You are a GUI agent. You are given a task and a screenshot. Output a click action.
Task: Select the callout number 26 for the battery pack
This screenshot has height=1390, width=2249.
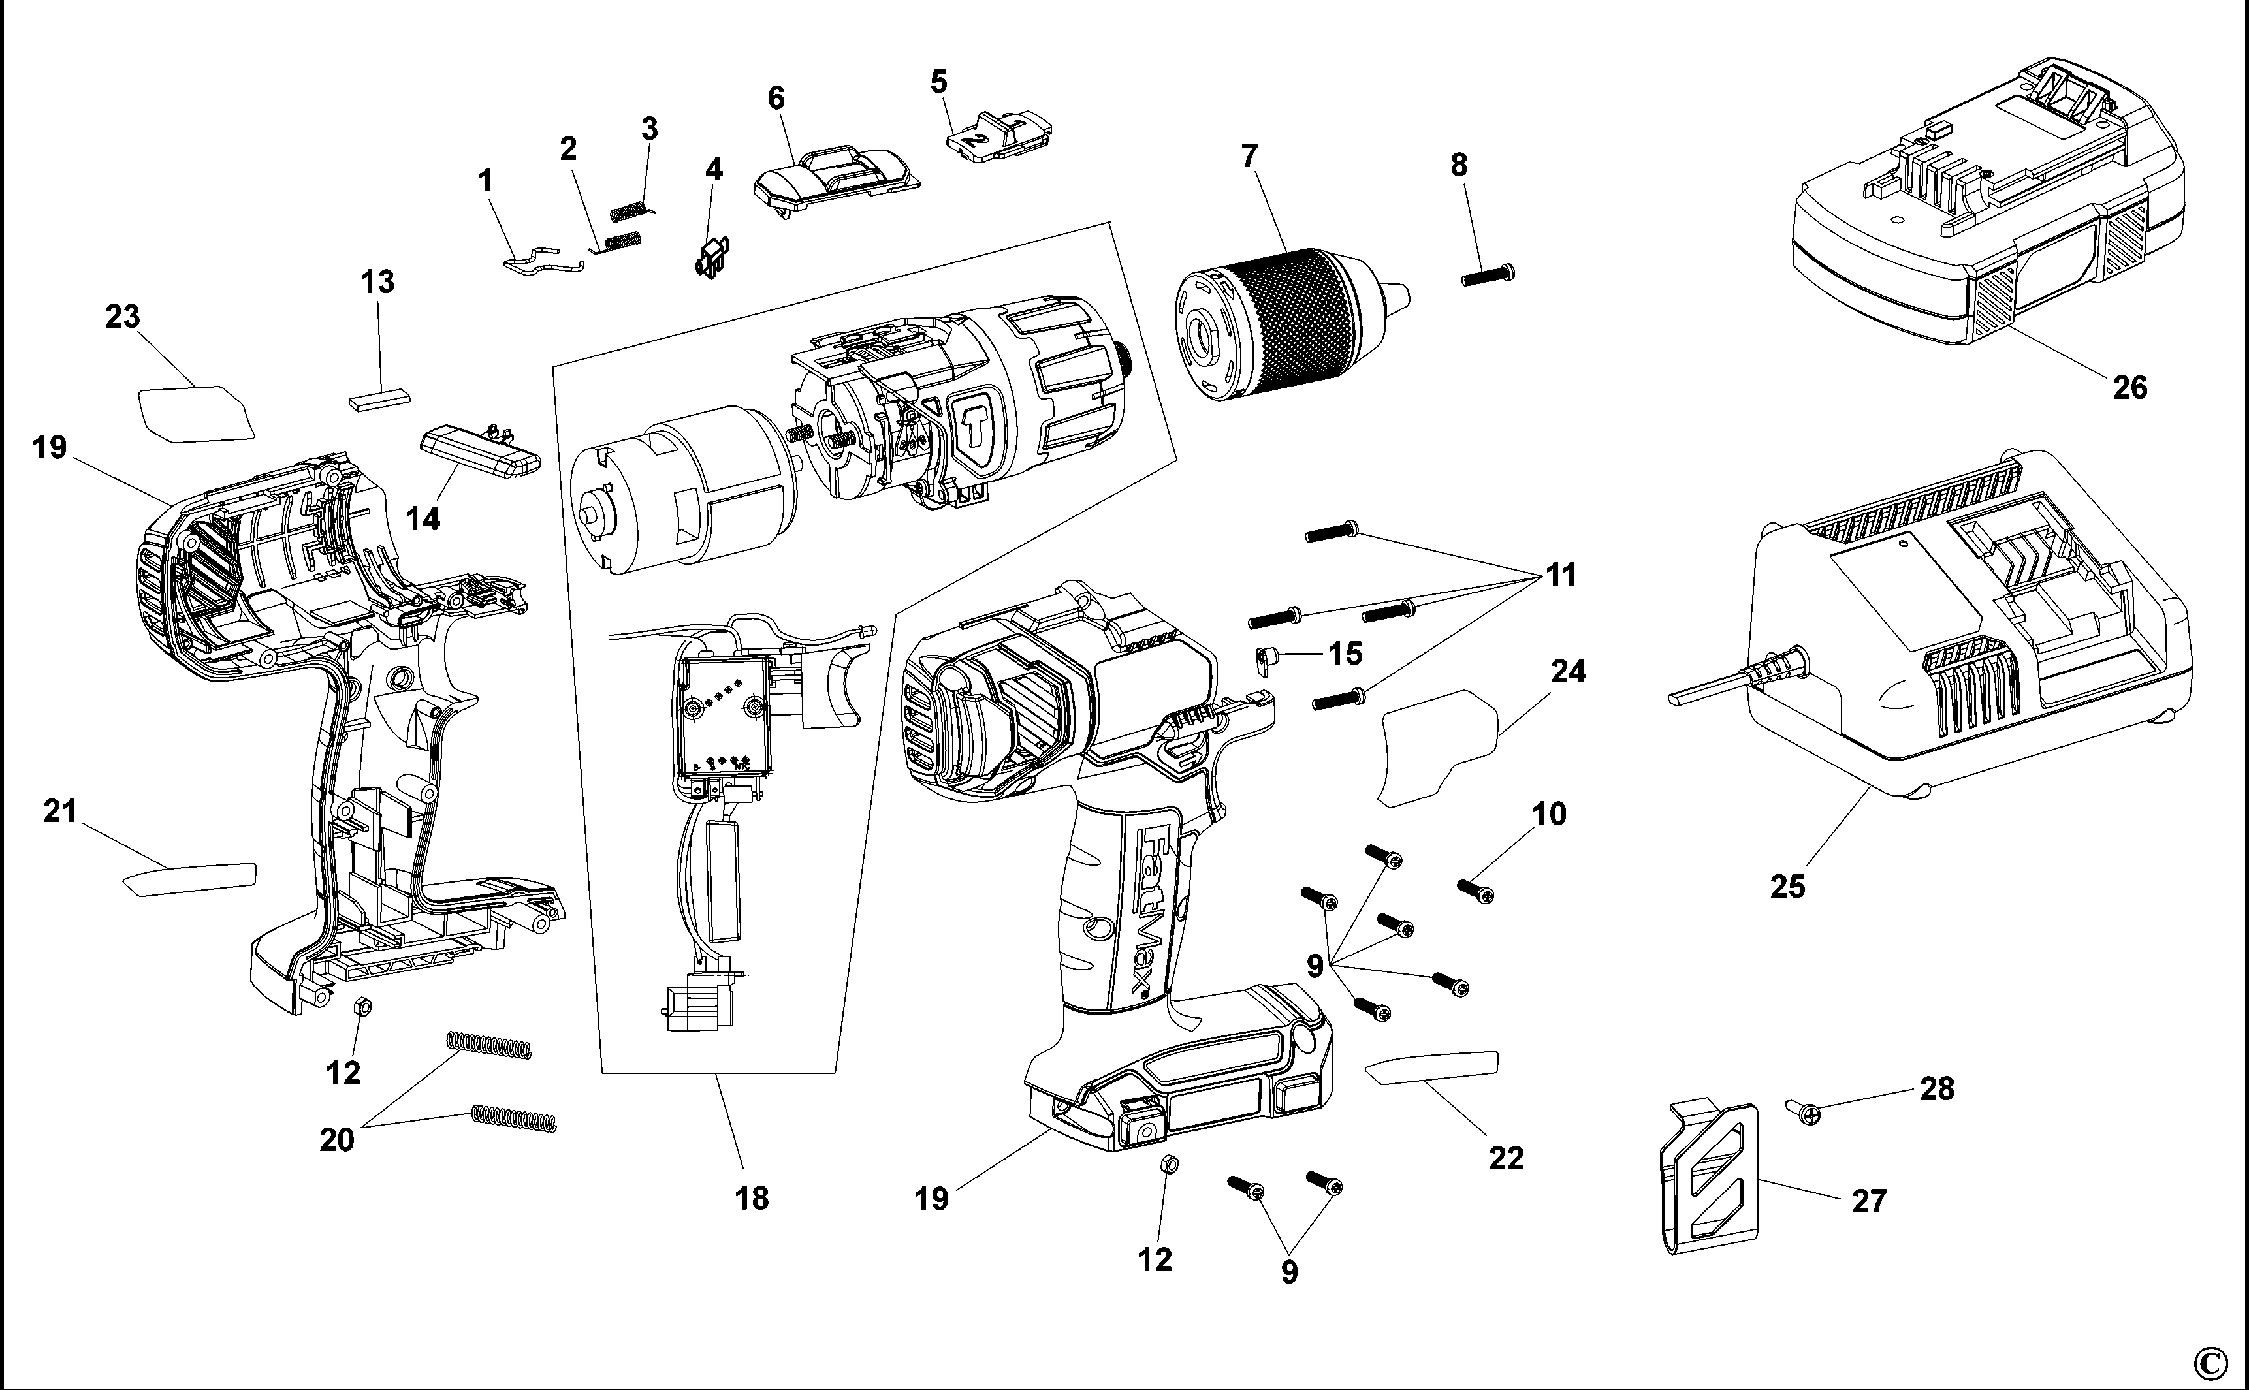2129,388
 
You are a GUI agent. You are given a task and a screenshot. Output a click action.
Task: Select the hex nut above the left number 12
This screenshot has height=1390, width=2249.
361,1007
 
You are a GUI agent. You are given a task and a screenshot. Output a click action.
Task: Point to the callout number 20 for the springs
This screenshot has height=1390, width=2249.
336,1140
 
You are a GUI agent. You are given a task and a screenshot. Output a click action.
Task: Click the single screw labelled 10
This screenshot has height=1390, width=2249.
1476,890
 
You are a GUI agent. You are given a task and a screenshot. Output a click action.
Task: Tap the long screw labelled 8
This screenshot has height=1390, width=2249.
1488,274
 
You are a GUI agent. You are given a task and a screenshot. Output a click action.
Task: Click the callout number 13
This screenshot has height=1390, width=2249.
377,281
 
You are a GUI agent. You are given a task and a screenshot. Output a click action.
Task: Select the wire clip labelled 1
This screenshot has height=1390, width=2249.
543,262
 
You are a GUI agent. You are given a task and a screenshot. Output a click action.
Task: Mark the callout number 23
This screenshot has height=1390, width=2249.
122,316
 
